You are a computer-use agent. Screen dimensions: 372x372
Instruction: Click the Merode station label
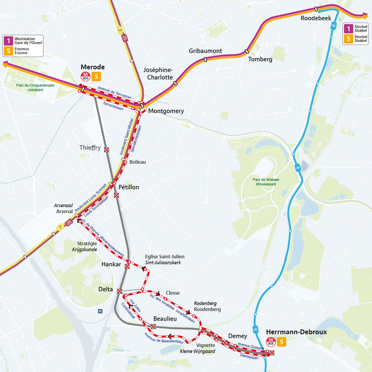pos(93,67)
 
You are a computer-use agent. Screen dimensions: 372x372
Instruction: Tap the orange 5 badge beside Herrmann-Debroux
pos(282,342)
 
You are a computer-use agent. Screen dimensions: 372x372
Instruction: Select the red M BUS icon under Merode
pos(86,76)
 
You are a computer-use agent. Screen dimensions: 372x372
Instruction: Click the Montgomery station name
pos(166,111)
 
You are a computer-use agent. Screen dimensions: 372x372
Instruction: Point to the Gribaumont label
pos(205,51)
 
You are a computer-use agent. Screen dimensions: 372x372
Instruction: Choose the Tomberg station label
pos(260,59)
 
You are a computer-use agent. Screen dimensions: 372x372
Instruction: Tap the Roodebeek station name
pos(316,18)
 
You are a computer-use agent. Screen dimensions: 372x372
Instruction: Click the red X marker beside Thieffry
pos(107,150)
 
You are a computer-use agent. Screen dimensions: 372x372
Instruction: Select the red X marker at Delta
pos(120,291)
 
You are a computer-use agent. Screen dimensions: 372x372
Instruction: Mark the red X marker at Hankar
pos(127,266)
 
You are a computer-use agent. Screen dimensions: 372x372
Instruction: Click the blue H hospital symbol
pos(100,311)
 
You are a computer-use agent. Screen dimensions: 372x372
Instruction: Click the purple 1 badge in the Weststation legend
pos(8,41)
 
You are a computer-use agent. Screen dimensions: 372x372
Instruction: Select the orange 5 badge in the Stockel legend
pos(348,39)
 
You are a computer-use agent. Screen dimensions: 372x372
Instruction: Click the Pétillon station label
pos(129,187)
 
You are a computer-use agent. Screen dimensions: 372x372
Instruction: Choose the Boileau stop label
pos(137,162)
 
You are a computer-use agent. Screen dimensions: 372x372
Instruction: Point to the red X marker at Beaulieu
pos(153,326)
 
